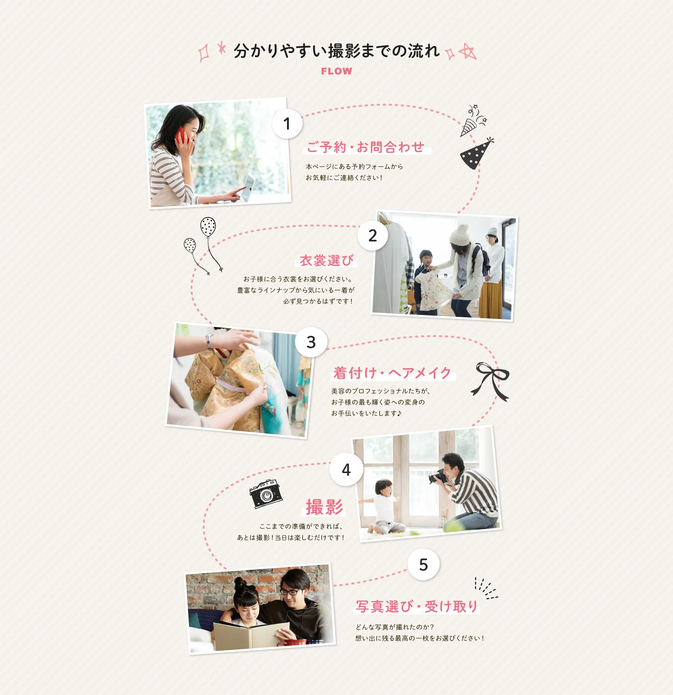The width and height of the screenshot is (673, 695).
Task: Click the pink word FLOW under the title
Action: click(x=336, y=71)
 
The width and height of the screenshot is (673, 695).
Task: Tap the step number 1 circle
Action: click(x=287, y=124)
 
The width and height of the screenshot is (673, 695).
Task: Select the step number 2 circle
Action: click(x=373, y=235)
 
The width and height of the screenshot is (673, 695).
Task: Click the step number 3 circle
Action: click(x=311, y=342)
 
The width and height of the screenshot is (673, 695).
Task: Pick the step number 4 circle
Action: click(x=346, y=469)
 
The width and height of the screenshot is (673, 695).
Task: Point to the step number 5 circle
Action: click(x=423, y=564)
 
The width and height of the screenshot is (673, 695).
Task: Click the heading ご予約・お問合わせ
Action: click(x=366, y=147)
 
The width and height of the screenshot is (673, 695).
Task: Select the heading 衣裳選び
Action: click(x=327, y=260)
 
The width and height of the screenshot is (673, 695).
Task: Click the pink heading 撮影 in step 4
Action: click(x=324, y=507)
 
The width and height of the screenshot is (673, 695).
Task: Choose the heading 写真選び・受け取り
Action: click(x=417, y=606)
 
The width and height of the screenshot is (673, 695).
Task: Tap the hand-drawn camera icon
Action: click(x=266, y=494)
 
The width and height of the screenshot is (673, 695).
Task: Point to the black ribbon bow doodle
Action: click(x=490, y=381)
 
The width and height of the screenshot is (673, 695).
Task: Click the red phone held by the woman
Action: click(x=181, y=135)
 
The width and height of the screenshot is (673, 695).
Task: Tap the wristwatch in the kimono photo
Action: click(x=209, y=341)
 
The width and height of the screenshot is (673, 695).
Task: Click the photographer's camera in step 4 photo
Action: click(x=438, y=476)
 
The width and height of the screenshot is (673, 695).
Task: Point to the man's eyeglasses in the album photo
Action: click(x=290, y=592)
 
